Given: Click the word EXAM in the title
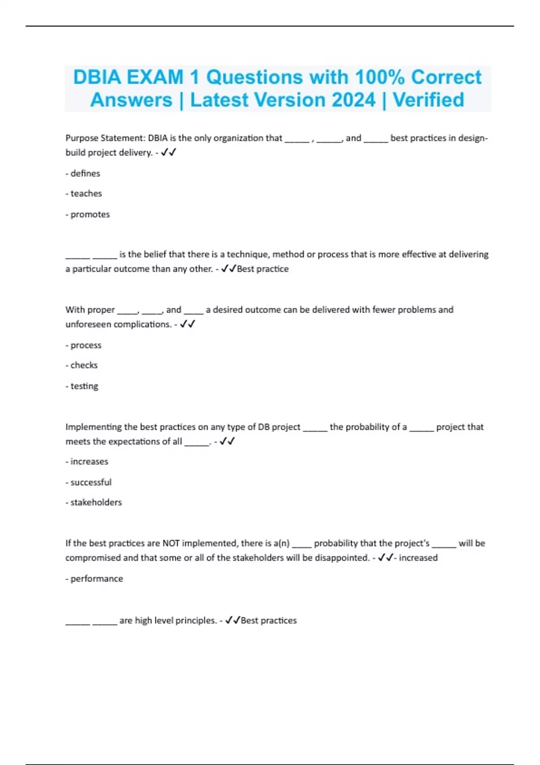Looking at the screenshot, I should click(x=155, y=77).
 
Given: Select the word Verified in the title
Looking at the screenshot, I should click(x=428, y=100).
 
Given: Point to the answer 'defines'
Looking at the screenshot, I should click(x=85, y=173).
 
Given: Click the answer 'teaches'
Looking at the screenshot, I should click(x=86, y=193).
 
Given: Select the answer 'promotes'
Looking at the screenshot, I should click(x=90, y=214).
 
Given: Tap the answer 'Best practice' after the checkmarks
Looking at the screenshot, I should click(x=263, y=269).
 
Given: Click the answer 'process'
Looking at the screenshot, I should click(x=85, y=345).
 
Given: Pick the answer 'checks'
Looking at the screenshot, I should click(x=84, y=365).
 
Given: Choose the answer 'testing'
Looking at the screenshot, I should click(x=84, y=386).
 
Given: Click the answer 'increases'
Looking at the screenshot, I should click(x=89, y=461).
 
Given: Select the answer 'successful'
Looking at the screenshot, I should click(x=91, y=482).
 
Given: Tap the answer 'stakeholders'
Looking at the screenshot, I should click(x=96, y=502).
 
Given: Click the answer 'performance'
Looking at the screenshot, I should click(x=96, y=579).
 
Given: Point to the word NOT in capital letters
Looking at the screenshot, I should click(x=171, y=543).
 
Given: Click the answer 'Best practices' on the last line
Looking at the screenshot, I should click(x=269, y=621).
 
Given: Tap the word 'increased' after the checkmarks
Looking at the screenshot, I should click(x=418, y=558).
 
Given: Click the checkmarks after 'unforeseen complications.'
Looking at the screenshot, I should click(x=187, y=324).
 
